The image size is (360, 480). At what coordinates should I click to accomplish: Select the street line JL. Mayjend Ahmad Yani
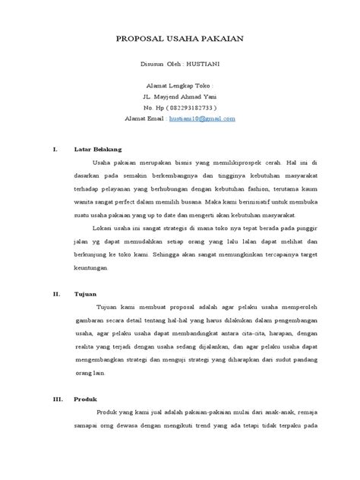[180, 97]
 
